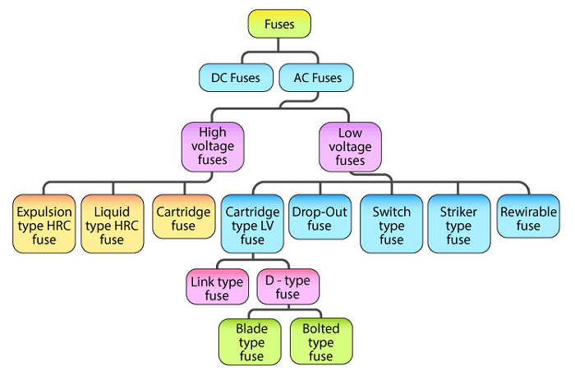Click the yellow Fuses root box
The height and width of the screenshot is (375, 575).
[279, 25]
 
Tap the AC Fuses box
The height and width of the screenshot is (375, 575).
[316, 79]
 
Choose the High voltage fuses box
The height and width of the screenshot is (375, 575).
[214, 146]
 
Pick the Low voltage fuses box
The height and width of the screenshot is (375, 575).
[349, 146]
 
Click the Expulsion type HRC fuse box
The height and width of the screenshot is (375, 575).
[44, 225]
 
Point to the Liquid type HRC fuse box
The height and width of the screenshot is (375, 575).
[112, 225]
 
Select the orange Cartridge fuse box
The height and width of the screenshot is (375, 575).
[182, 218]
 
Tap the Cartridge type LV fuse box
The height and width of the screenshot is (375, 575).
[252, 225]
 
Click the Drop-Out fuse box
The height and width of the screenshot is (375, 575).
[320, 218]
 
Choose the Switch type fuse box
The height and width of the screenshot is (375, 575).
[391, 225]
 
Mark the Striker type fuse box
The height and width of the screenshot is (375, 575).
[458, 225]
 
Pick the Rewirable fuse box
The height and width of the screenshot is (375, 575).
[528, 218]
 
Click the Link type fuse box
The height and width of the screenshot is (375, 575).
[218, 288]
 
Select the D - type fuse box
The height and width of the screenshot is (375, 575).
[287, 288]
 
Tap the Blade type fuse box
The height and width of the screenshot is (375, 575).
[251, 342]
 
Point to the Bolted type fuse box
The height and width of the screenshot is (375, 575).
[321, 342]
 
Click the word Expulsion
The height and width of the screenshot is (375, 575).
[44, 212]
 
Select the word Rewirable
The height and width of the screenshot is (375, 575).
[528, 212]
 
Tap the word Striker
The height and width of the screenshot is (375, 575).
[458, 212]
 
